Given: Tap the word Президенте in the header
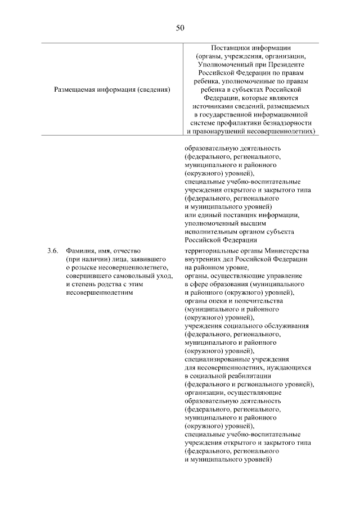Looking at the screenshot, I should (287, 65).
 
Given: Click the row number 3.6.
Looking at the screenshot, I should (53, 250).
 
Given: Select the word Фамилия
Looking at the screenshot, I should (80, 250).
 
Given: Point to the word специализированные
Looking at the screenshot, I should (217, 358).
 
